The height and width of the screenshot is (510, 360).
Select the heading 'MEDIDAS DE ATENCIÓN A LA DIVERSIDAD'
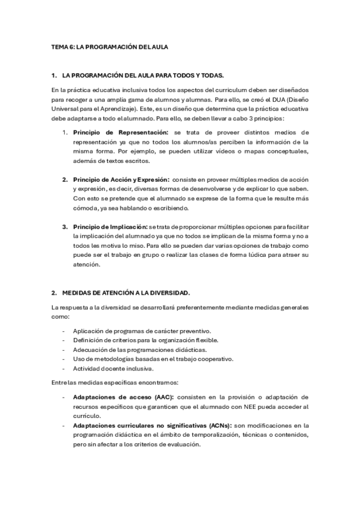tap(126, 293)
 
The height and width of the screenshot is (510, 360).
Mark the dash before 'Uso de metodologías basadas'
tap(64, 359)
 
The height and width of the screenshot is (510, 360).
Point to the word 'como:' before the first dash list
tap(60, 316)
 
